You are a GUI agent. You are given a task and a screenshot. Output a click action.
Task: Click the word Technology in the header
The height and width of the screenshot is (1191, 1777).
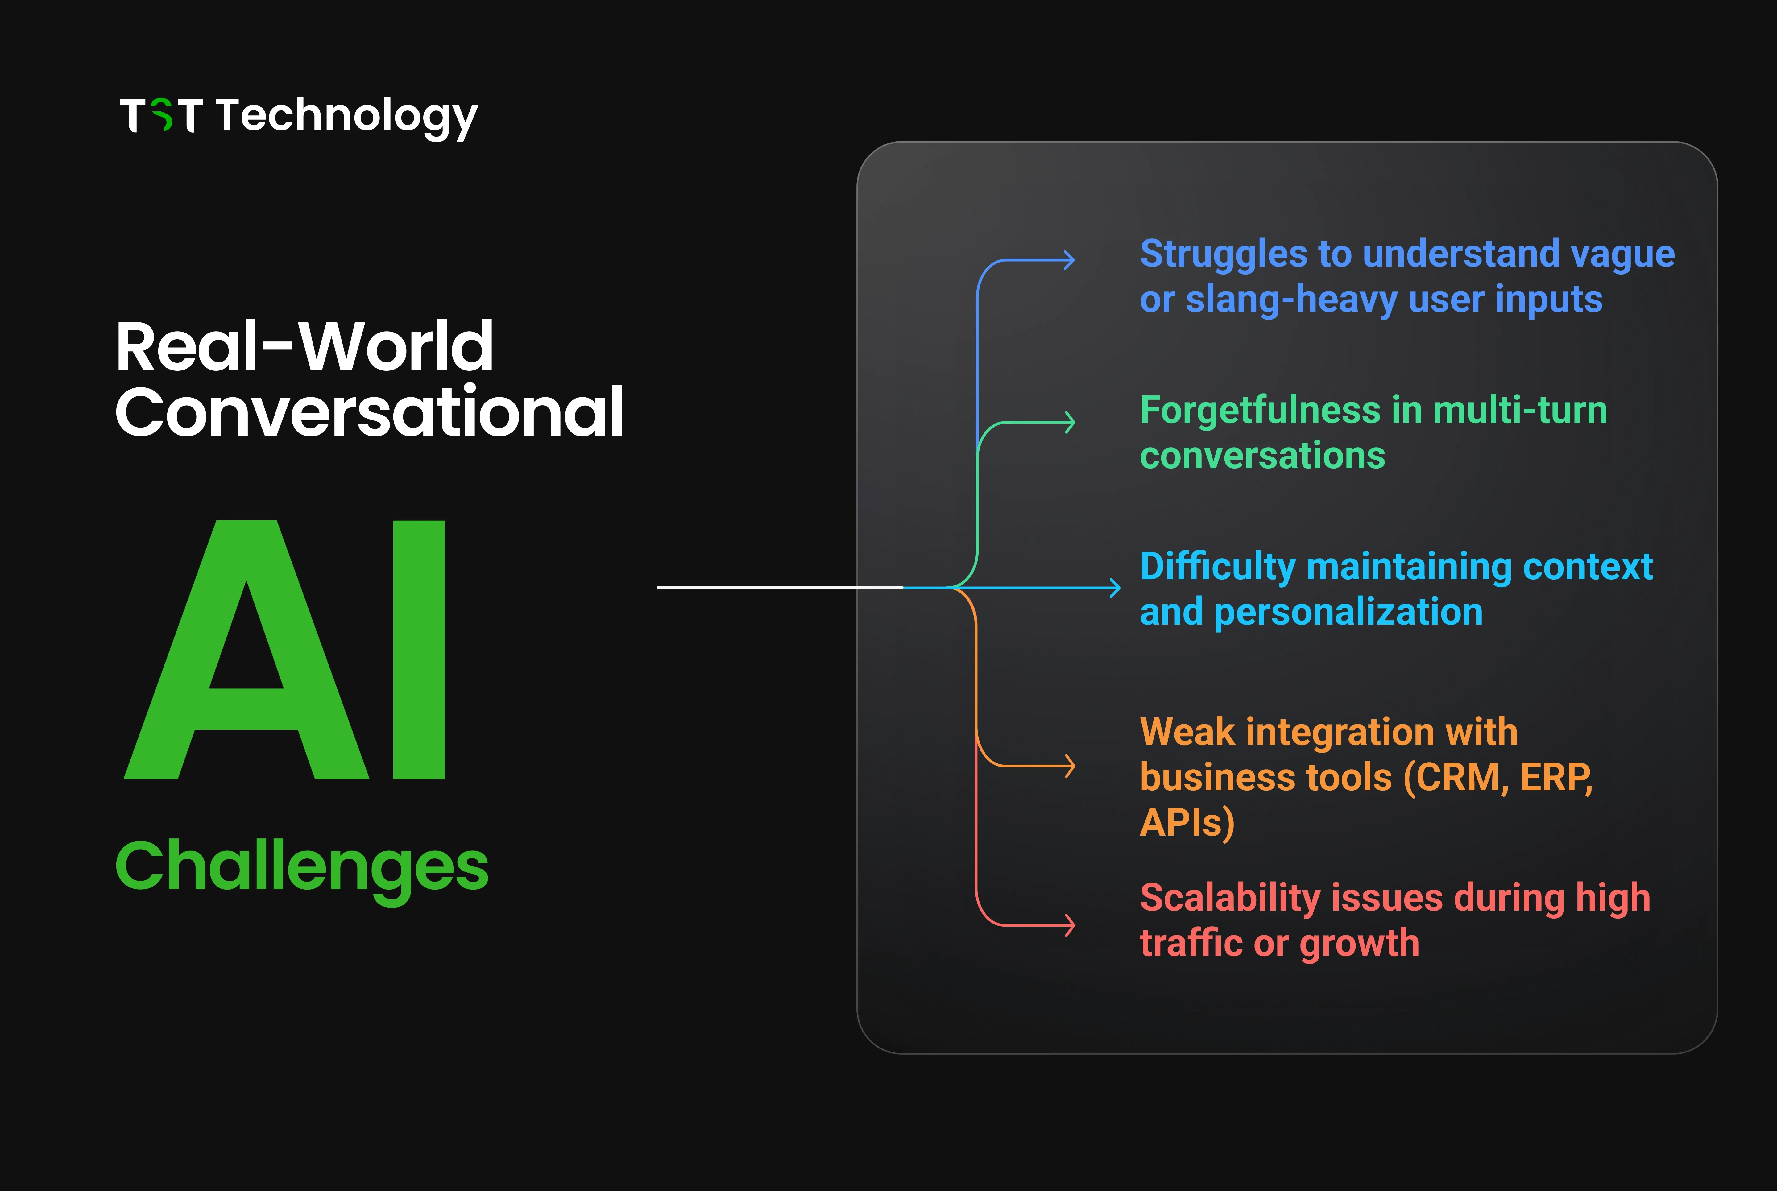[x=346, y=116]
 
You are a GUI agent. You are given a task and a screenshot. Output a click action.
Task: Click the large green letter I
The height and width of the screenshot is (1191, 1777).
[x=419, y=649]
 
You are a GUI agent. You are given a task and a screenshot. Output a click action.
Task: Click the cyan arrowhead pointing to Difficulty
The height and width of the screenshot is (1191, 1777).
[x=1115, y=587]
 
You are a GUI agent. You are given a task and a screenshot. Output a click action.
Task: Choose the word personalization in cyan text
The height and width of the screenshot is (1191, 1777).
[x=1348, y=612]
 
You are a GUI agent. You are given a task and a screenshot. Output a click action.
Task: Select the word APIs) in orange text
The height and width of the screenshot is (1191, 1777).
[x=1187, y=823]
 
